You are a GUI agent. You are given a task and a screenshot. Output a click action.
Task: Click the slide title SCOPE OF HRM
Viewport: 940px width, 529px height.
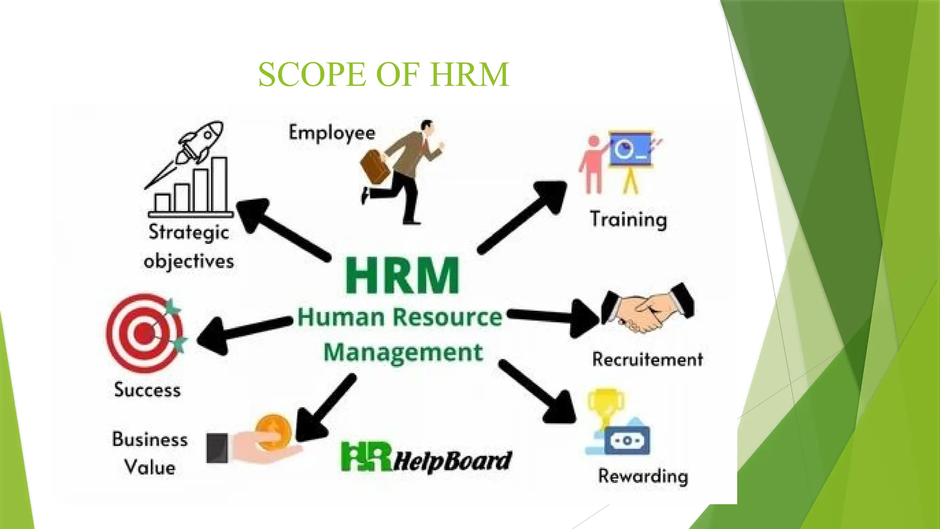[383, 74]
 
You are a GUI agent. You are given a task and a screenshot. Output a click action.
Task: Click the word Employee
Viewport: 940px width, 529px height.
[332, 133]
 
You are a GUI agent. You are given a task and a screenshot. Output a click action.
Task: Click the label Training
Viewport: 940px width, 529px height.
[628, 219]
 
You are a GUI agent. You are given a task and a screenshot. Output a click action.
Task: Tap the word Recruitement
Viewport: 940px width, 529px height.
[647, 359]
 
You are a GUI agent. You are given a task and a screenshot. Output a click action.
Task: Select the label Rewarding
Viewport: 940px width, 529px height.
[643, 476]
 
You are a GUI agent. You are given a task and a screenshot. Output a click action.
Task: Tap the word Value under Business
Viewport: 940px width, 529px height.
[150, 468]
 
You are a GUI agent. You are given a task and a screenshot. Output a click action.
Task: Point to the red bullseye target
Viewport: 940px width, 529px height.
[145, 332]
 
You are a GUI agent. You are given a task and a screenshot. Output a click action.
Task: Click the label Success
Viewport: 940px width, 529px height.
[147, 390]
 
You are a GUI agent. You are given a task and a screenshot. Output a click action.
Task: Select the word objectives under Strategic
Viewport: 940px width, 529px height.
[189, 262]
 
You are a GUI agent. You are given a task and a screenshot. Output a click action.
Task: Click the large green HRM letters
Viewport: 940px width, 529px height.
[402, 276]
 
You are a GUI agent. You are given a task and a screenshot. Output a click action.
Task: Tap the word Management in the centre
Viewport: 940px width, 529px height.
[403, 353]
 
